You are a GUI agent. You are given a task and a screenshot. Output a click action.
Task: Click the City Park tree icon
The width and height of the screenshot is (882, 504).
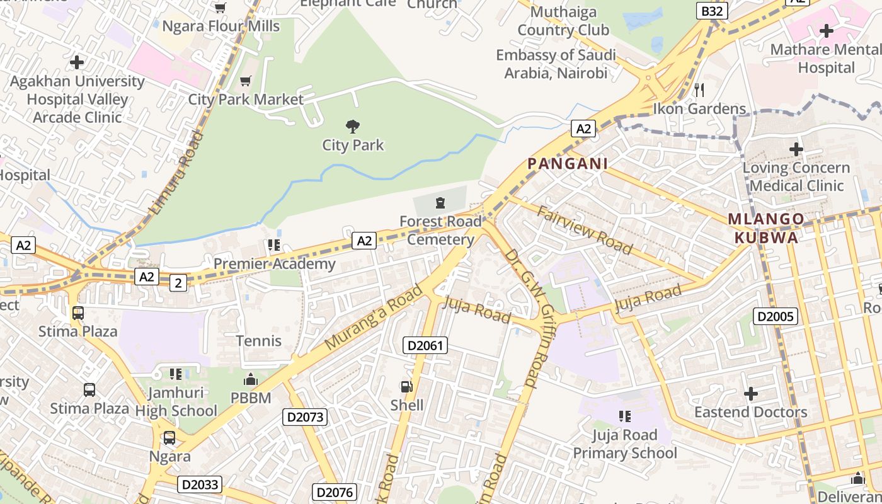click(x=353, y=126)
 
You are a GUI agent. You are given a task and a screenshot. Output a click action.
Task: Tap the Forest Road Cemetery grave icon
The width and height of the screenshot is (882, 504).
click(x=439, y=203)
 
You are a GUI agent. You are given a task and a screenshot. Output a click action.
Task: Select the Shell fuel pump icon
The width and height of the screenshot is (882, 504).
click(x=407, y=387)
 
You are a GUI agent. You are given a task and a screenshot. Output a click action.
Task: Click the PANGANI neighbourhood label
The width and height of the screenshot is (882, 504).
click(x=567, y=164)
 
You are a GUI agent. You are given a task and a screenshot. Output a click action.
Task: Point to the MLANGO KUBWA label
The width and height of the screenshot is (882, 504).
click(x=766, y=228)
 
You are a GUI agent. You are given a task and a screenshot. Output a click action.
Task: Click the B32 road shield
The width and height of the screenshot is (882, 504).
click(x=713, y=11)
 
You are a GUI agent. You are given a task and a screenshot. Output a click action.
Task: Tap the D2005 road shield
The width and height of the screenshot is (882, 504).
click(x=776, y=316)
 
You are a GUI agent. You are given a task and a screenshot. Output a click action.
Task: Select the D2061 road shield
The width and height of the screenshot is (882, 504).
click(x=425, y=345)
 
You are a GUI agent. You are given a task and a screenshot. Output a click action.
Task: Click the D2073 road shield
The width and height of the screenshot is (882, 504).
click(x=305, y=416)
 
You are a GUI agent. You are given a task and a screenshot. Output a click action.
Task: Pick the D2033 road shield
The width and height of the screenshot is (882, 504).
click(x=200, y=484)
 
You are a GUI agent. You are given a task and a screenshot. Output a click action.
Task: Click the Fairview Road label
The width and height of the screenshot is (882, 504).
click(x=585, y=229)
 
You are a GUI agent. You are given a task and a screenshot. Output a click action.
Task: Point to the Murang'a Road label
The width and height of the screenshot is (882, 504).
click(x=374, y=318)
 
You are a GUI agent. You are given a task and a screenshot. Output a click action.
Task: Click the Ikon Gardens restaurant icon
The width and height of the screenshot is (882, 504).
click(x=699, y=89)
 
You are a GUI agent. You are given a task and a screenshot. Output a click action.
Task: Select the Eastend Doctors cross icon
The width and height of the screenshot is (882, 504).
click(x=750, y=394)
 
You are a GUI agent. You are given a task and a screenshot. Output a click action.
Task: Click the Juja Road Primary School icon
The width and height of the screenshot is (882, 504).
click(x=624, y=416)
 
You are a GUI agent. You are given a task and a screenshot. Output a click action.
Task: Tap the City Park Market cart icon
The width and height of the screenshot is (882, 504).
click(x=246, y=81)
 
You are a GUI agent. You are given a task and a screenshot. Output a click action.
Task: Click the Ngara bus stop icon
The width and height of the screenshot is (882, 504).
click(x=169, y=437)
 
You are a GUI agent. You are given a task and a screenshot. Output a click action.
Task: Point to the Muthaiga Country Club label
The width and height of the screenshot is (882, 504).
click(x=563, y=21)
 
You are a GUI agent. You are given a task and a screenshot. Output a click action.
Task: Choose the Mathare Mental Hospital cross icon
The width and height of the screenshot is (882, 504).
click(x=826, y=30)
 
